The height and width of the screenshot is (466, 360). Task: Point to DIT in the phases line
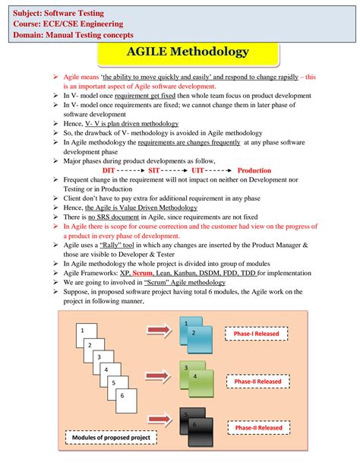[109, 170]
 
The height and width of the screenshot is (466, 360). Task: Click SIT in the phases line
[154, 170]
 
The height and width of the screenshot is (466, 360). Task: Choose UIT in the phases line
[198, 170]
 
